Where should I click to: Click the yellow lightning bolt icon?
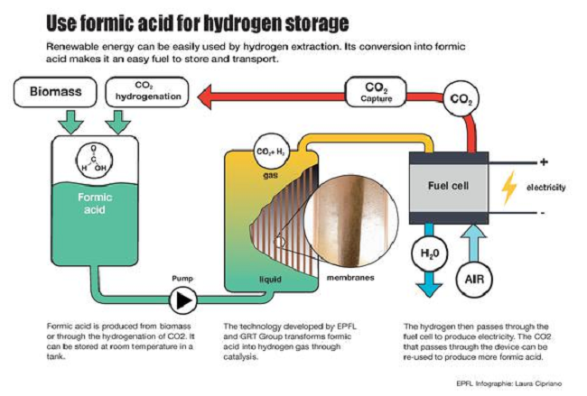tap(509, 187)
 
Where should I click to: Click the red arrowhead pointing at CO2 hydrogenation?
tap(205, 91)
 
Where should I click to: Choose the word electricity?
tap(545, 188)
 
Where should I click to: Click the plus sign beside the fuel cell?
tap(544, 162)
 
